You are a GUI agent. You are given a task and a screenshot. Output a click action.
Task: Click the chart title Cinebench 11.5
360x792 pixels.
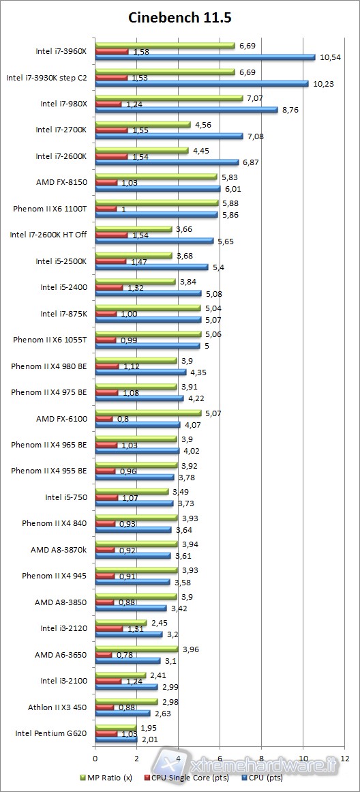[x=180, y=18]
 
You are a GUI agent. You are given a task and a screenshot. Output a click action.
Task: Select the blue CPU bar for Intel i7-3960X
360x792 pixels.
[x=205, y=57]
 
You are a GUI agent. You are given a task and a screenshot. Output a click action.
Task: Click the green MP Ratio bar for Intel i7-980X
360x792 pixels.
[x=169, y=98]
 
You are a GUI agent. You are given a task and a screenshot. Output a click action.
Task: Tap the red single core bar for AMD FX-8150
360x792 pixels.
[x=106, y=183]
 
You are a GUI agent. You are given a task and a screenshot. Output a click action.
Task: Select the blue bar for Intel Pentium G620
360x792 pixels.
[x=116, y=739]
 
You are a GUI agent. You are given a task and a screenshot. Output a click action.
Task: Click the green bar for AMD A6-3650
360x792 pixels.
[x=136, y=649]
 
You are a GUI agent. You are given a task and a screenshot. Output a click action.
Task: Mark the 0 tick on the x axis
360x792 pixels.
[x=95, y=758]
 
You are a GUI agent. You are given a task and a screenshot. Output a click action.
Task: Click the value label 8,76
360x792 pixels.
[x=292, y=110]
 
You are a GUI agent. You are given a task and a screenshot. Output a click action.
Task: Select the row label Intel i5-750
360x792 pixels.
[x=66, y=497]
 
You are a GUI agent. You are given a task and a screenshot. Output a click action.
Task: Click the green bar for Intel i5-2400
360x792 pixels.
[x=135, y=282]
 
